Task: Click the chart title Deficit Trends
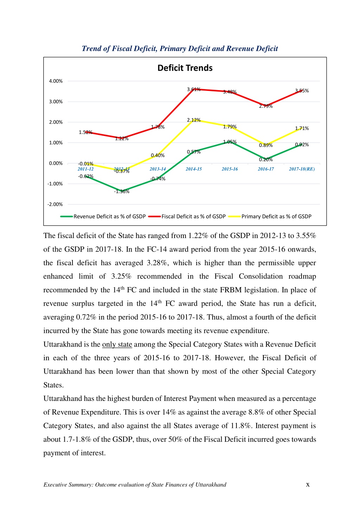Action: click(x=185, y=68)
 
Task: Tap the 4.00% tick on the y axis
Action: click(x=56, y=81)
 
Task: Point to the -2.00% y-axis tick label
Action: click(x=55, y=204)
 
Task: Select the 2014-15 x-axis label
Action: click(x=194, y=169)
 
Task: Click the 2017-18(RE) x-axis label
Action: click(x=302, y=169)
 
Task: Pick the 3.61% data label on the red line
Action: click(x=194, y=89)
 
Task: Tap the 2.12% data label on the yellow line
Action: click(x=194, y=120)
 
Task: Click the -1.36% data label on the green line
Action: click(x=122, y=192)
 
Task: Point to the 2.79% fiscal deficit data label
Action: click(x=266, y=106)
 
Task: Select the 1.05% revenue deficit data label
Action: click(x=230, y=142)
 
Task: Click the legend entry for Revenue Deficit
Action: click(x=103, y=216)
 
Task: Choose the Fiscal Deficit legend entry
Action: click(x=187, y=216)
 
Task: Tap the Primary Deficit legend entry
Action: click(x=270, y=216)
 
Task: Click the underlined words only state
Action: click(x=117, y=344)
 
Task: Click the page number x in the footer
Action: click(x=308, y=485)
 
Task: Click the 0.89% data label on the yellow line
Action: click(x=266, y=145)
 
